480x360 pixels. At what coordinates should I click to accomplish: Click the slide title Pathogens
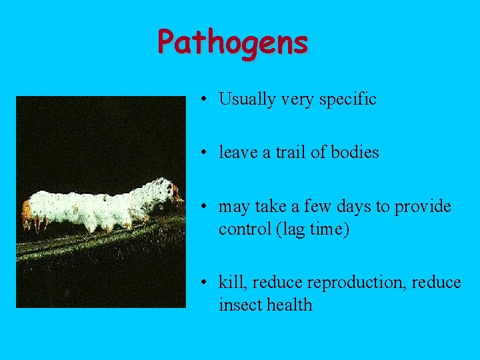233,43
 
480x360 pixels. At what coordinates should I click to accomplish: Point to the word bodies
354,153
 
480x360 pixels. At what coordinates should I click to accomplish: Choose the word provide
423,207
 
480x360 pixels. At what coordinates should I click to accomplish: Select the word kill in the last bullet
231,283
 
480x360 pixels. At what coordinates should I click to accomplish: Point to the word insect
240,305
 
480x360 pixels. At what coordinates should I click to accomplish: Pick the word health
289,305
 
